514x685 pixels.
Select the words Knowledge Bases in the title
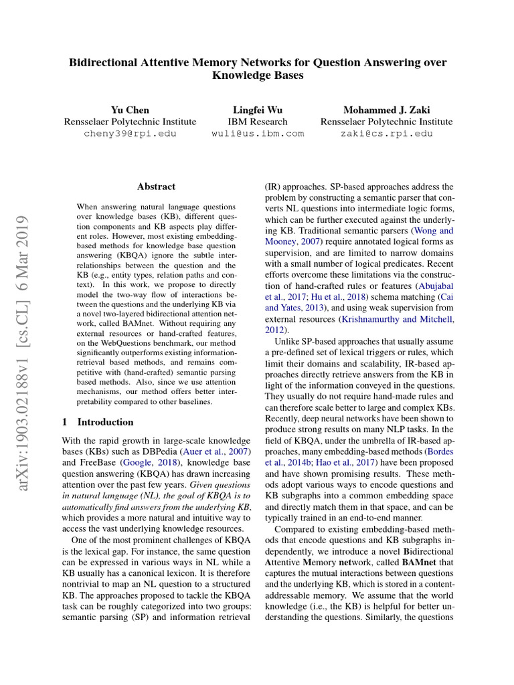(258, 76)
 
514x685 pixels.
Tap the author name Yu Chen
(130, 110)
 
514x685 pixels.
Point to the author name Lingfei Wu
(258, 110)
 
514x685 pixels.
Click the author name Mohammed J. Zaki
(386, 110)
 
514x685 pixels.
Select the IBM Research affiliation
(258, 122)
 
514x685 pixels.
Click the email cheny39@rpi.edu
(130, 134)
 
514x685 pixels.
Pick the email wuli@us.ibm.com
(258, 134)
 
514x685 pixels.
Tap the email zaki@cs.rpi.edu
(386, 134)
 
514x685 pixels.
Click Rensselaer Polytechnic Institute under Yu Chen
(130, 122)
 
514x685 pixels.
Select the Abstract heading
(156, 187)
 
